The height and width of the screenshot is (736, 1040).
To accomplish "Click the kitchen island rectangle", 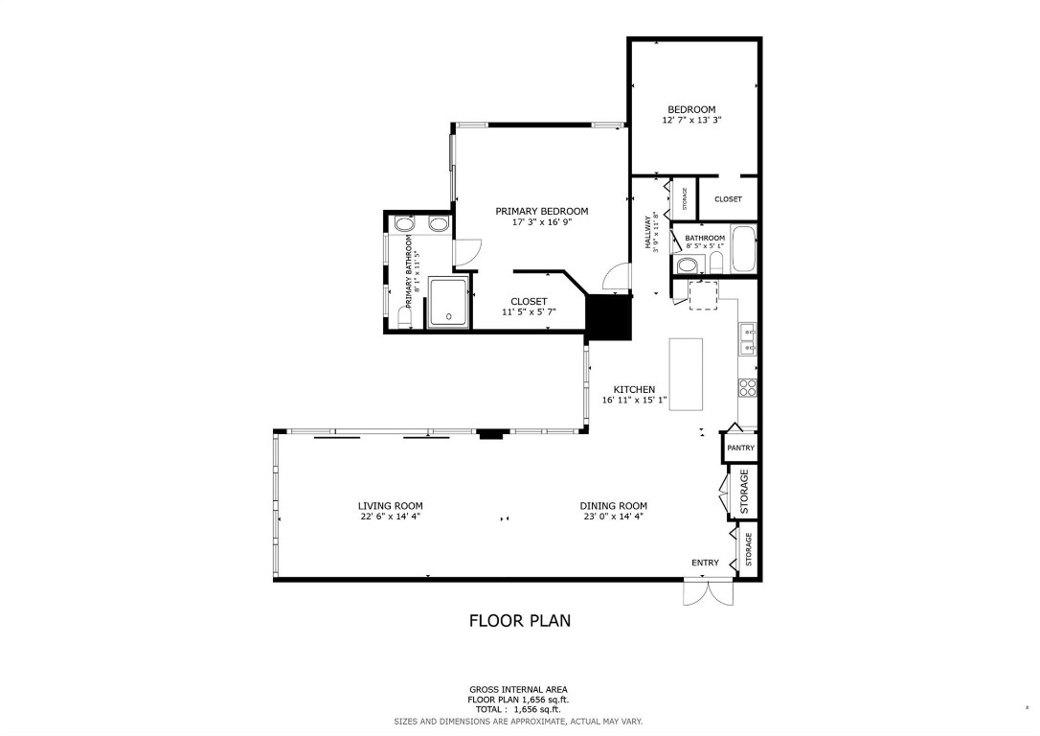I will coord(686,374).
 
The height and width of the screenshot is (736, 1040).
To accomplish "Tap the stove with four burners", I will coord(747,387).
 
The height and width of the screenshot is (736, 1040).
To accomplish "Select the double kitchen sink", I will coord(747,338).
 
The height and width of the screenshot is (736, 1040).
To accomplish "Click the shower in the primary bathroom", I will coord(447,302).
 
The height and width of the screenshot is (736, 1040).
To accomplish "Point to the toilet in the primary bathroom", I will coord(402,318).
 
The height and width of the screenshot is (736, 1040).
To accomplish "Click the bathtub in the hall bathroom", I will coord(743,250).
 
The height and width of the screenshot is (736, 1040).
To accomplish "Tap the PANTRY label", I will coord(740,448).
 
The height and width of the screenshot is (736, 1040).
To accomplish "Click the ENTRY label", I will coord(705,563).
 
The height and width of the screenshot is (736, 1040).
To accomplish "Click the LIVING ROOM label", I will coord(390,506).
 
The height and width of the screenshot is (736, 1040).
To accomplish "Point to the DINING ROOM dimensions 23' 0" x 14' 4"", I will coord(613,517).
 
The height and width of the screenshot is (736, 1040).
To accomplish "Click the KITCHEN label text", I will coord(634,390).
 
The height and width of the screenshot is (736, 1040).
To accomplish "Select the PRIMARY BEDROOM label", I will coord(541,211).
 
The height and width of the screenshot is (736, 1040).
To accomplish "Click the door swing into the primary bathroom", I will coord(463,253).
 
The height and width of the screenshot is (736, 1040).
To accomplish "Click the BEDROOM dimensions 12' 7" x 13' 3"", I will coord(691,121).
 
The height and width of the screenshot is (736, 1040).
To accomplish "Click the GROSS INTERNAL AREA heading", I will coord(518,689).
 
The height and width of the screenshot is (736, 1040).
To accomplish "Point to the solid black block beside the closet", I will coord(609,316).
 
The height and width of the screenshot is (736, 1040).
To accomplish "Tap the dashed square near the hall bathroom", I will coord(703,295).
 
